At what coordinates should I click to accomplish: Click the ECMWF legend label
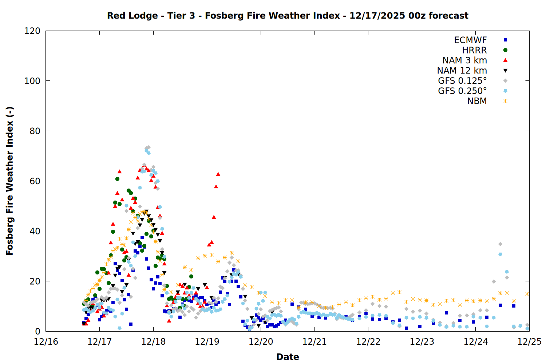470,40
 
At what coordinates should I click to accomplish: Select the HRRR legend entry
474,50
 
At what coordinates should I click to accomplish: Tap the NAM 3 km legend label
464,60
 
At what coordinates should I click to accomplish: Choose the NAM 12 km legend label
462,71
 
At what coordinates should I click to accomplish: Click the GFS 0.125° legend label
462,81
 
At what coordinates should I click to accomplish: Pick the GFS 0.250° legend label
462,91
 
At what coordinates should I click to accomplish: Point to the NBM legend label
477,101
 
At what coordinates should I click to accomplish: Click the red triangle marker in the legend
505,60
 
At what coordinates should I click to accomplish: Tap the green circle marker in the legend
505,50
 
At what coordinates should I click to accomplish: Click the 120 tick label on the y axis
32,31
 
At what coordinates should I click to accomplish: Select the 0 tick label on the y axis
38,331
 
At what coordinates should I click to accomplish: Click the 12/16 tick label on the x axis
46,342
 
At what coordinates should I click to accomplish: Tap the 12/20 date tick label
261,342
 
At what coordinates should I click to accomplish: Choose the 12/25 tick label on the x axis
529,342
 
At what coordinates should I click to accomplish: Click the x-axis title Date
288,357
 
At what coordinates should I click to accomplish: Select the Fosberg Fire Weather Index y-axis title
10,181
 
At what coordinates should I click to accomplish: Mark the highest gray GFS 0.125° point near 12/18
149,147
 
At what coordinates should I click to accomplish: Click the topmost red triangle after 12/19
218,174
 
